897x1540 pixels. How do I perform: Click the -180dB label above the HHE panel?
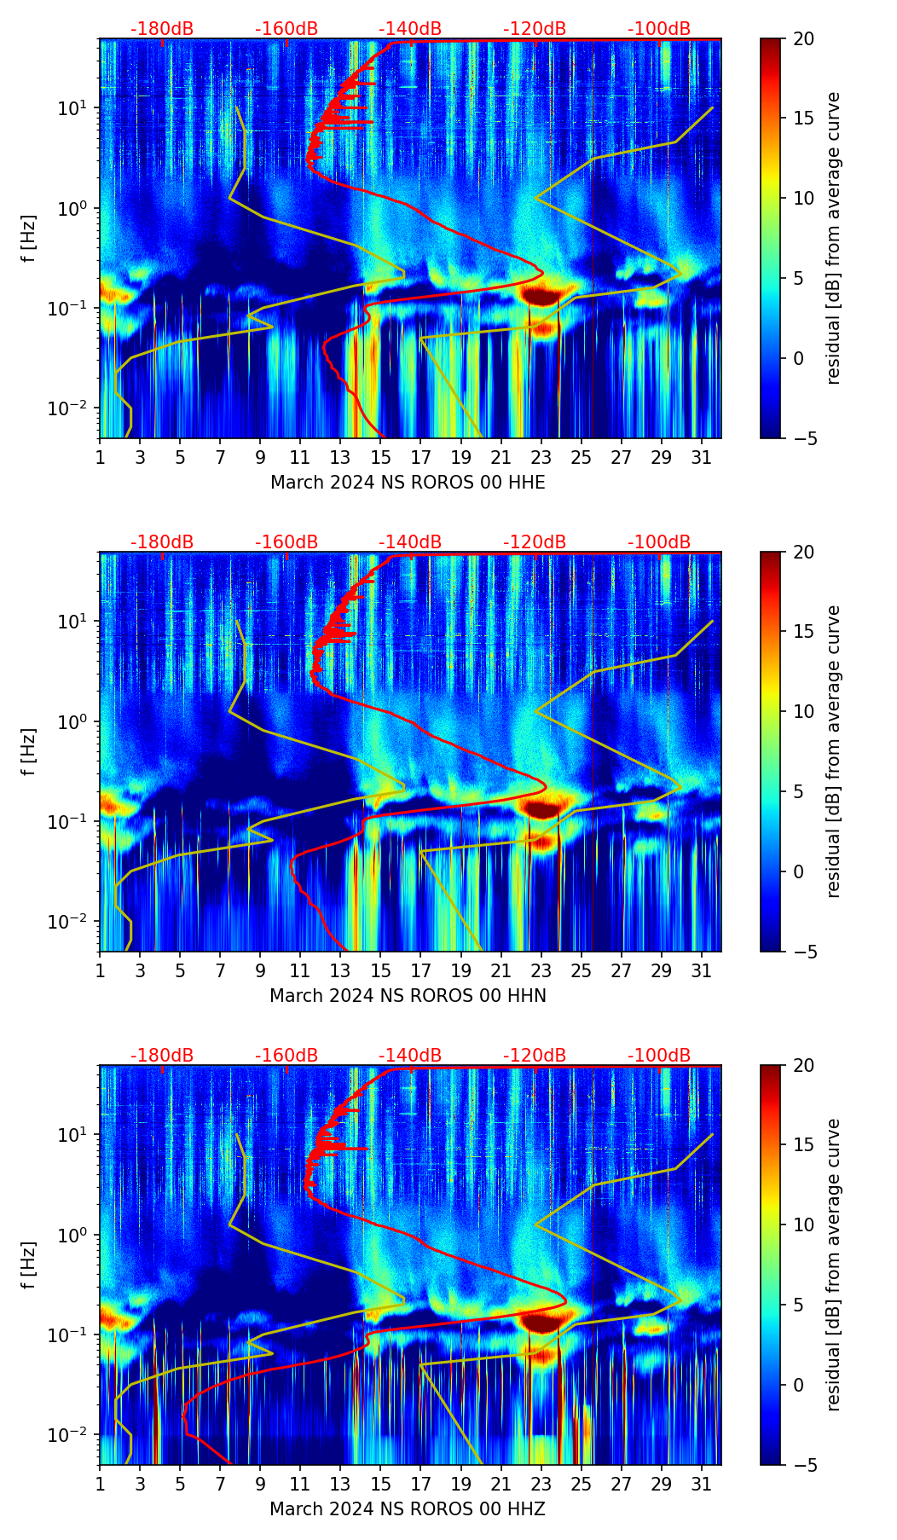162,29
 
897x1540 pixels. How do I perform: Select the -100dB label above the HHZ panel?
659,1056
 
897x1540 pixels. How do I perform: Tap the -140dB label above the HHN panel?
410,542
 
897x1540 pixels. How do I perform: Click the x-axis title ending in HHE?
408,483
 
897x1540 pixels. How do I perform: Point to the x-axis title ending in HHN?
408,996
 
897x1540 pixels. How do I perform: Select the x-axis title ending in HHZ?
408,1509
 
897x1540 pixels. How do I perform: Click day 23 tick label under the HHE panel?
541,458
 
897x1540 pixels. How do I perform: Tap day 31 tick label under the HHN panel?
702,971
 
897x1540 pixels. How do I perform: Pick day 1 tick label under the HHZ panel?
101,1485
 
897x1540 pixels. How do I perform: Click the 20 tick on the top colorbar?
803,39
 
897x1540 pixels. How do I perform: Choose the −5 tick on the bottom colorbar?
803,1465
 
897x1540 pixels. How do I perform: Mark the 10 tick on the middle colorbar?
803,711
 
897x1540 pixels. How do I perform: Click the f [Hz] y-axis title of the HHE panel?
29,238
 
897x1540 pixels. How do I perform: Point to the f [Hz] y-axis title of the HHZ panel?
29,1265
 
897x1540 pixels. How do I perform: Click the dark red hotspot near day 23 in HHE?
541,296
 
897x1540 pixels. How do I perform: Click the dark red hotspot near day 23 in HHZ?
541,1323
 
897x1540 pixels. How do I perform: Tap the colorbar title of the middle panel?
834,751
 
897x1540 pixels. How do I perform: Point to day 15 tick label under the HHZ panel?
381,1485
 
